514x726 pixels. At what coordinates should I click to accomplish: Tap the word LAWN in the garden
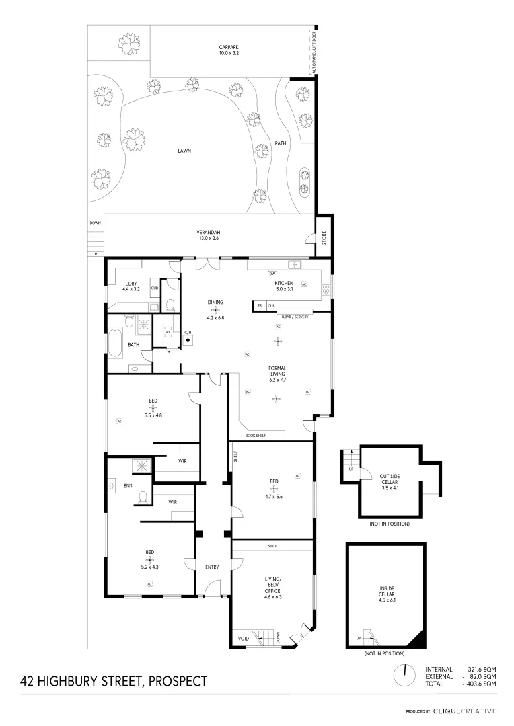[x=184, y=151]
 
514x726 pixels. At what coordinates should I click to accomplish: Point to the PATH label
[x=281, y=143]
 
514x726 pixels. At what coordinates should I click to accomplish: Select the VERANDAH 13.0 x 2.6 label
[x=208, y=235]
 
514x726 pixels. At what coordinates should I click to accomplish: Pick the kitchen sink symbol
[x=295, y=264]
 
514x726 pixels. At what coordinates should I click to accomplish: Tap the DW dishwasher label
[x=272, y=274]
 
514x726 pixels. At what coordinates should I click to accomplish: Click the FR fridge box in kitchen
[x=260, y=306]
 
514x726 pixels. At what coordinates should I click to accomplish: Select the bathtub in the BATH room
[x=116, y=342]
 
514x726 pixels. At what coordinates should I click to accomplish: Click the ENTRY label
[x=212, y=567]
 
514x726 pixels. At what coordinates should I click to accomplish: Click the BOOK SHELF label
[x=256, y=436]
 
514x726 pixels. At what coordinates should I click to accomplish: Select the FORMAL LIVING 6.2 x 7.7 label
[x=277, y=372]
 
